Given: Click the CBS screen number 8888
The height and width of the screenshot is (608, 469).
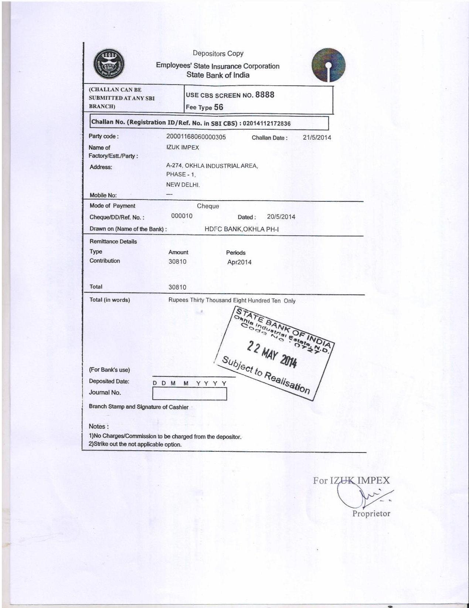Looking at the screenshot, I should click(265, 95).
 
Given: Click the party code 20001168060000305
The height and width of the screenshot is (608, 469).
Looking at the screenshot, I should click(196, 137).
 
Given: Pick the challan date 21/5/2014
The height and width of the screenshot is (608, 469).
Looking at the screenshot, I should click(317, 138).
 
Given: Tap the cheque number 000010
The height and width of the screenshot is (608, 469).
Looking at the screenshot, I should click(182, 216).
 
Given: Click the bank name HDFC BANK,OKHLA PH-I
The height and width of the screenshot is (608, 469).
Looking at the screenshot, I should click(242, 229).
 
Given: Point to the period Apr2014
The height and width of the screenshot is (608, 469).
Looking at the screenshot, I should click(239, 262).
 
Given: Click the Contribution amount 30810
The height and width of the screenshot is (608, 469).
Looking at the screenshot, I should click(177, 262).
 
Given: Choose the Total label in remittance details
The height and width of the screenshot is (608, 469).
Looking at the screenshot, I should click(96, 287).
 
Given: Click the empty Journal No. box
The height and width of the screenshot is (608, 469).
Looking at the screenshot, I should click(189, 394).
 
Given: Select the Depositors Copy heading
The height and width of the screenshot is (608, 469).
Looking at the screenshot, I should click(218, 54).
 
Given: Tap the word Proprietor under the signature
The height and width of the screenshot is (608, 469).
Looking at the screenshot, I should click(371, 513).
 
